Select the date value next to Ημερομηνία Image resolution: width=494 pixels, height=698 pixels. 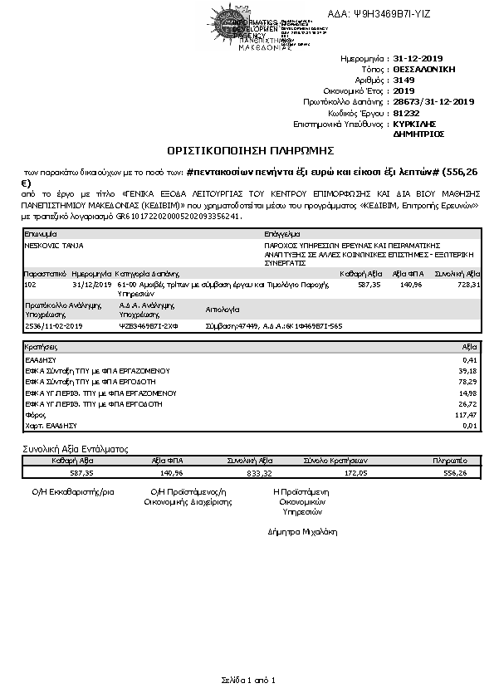coord(421,60)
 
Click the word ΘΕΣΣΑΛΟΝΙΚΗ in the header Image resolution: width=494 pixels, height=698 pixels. coord(424,70)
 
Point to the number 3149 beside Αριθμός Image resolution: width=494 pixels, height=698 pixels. coord(404,81)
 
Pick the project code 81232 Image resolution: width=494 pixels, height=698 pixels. coord(406,112)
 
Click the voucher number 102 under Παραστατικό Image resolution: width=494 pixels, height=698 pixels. coord(31,284)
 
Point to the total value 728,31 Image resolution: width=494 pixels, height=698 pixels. coord(468,284)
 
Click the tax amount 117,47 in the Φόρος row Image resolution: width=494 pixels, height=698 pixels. coord(468,414)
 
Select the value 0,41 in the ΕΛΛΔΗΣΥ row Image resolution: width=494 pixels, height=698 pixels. coord(472,359)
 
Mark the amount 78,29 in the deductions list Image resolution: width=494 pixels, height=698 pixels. coord(470,381)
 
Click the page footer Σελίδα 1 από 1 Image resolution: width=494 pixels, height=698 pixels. coord(247,681)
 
